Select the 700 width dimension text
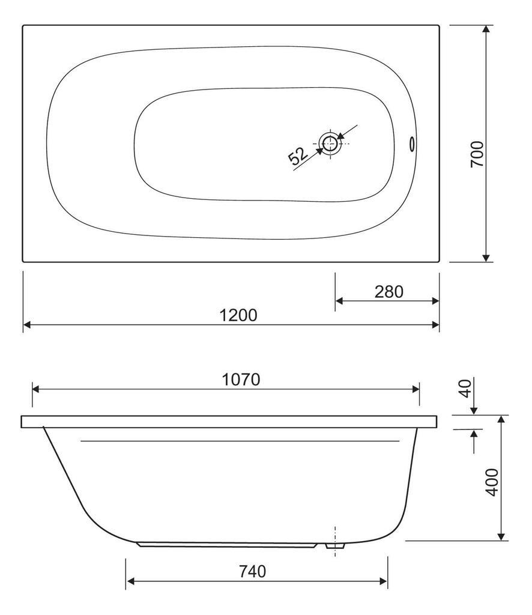click(x=477, y=154)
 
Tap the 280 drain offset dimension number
click(x=388, y=291)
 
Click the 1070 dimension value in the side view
click(x=241, y=380)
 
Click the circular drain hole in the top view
click(x=328, y=143)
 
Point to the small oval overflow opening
click(x=413, y=144)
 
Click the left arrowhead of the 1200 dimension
click(x=27, y=325)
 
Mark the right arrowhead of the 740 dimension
click(x=384, y=581)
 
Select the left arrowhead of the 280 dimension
click(x=339, y=300)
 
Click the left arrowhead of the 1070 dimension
click(x=36, y=389)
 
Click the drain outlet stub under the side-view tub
click(x=335, y=546)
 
